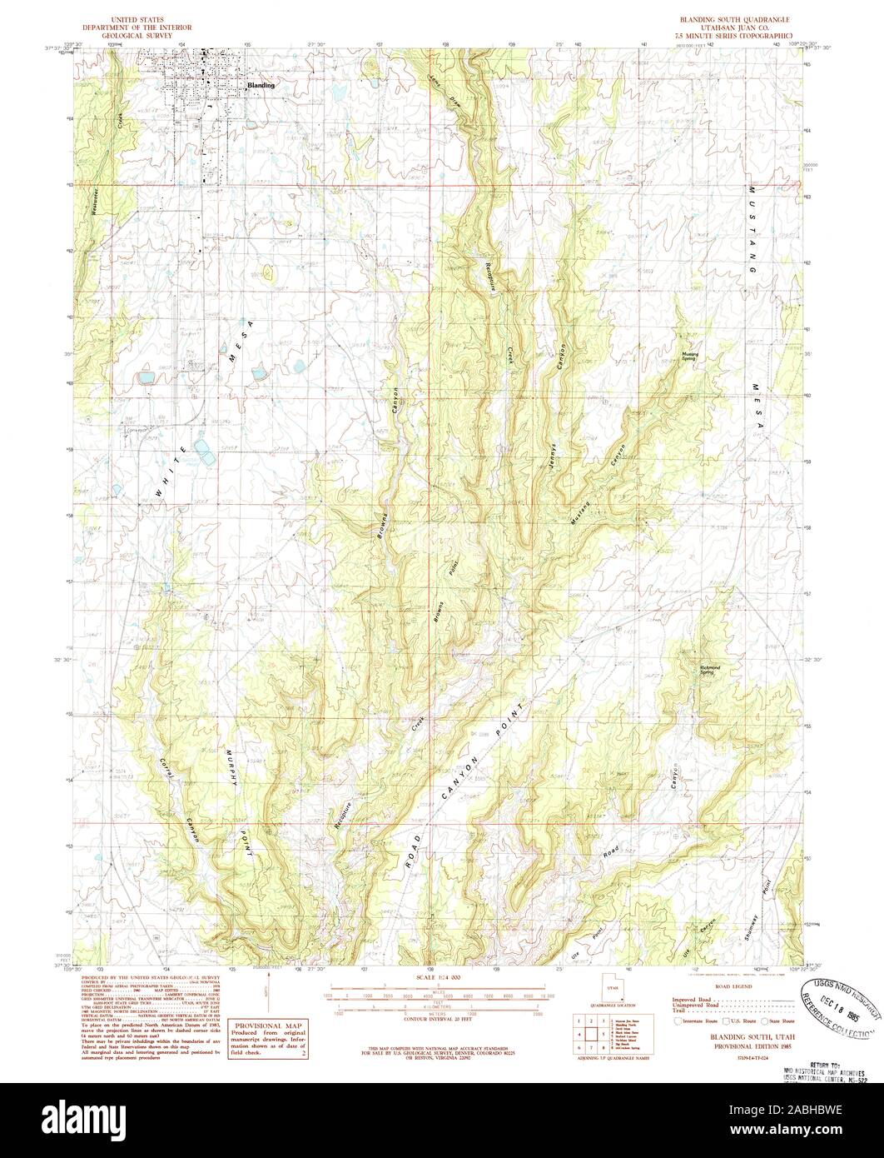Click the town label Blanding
[261, 86]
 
